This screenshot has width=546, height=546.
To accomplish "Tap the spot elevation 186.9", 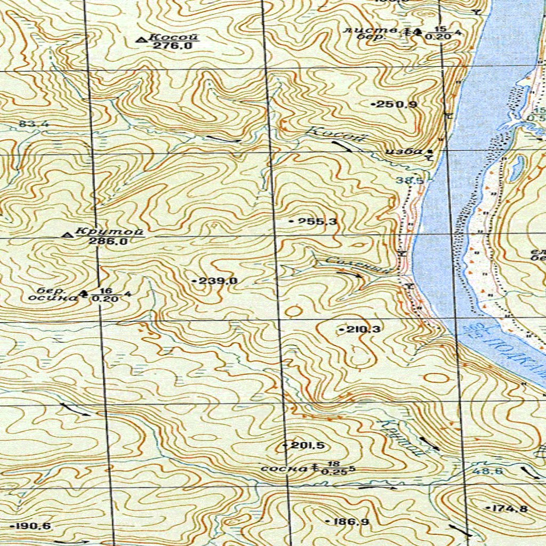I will (x=350, y=521).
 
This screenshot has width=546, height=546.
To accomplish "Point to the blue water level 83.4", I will (x=34, y=124).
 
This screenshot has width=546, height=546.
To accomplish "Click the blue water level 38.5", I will (x=409, y=181).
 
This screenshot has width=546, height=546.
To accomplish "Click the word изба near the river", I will (x=404, y=151).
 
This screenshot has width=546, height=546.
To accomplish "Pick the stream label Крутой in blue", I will (x=399, y=438).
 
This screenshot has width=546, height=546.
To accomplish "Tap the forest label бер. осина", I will (x=53, y=294).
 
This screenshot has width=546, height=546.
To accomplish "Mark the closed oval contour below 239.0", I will (x=293, y=310).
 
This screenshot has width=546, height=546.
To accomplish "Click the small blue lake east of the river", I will (x=516, y=168).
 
